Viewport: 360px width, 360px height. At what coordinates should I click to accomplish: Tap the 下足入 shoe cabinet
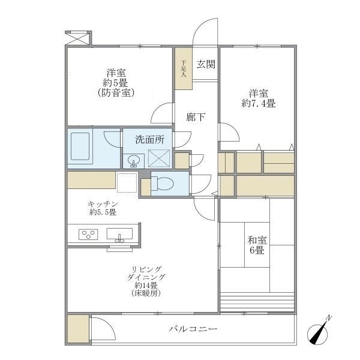pos(184,68)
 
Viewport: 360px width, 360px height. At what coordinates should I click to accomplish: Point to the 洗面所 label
pos(149,140)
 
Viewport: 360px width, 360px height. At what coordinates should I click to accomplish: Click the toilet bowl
pos(166,184)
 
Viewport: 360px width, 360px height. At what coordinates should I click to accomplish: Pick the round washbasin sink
pos(134,161)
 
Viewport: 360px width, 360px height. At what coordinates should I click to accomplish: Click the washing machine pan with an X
pos(160,160)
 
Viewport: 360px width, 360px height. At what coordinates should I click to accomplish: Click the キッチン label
pos(103,203)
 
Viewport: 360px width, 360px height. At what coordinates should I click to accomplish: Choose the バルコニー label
pos(193,329)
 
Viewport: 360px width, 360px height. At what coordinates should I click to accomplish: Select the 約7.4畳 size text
pos(259,104)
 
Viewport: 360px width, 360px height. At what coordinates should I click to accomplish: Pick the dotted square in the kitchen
pos(127,182)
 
